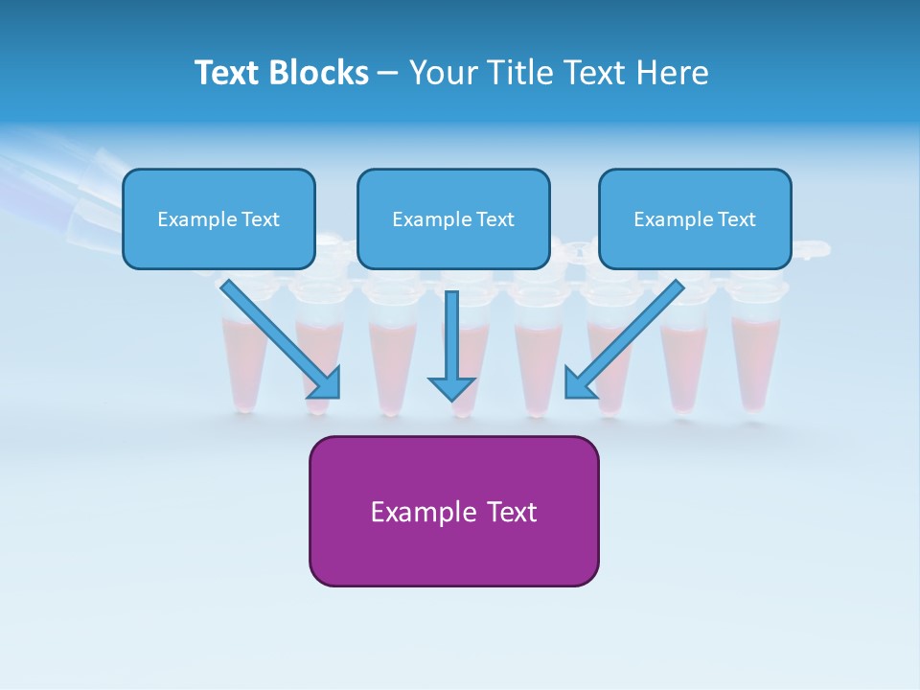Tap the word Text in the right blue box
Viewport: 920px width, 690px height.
(737, 219)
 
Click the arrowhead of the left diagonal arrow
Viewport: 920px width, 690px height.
(326, 383)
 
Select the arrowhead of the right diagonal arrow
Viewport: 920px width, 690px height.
(580, 383)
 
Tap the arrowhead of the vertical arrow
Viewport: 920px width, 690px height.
(452, 387)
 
